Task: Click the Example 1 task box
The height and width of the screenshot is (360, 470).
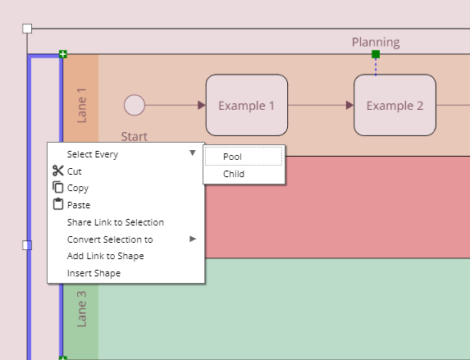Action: tap(247, 105)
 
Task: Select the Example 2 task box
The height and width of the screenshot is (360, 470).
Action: tap(395, 105)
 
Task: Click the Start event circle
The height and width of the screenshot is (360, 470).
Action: tap(135, 105)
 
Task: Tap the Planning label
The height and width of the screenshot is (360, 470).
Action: tap(376, 43)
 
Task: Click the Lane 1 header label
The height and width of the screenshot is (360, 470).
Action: tap(81, 106)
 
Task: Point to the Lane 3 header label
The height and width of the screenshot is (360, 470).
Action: tap(81, 308)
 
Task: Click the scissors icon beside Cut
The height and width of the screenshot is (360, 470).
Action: tap(58, 171)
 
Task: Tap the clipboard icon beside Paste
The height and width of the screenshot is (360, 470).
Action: tap(58, 204)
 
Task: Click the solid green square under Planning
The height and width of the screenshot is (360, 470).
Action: tap(376, 54)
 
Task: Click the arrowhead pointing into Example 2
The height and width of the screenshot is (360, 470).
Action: tap(349, 105)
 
